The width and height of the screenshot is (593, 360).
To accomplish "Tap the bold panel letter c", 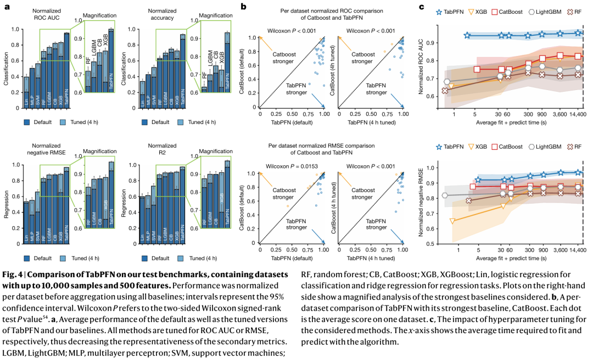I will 422,7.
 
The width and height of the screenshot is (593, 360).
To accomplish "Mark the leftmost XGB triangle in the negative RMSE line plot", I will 452,222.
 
